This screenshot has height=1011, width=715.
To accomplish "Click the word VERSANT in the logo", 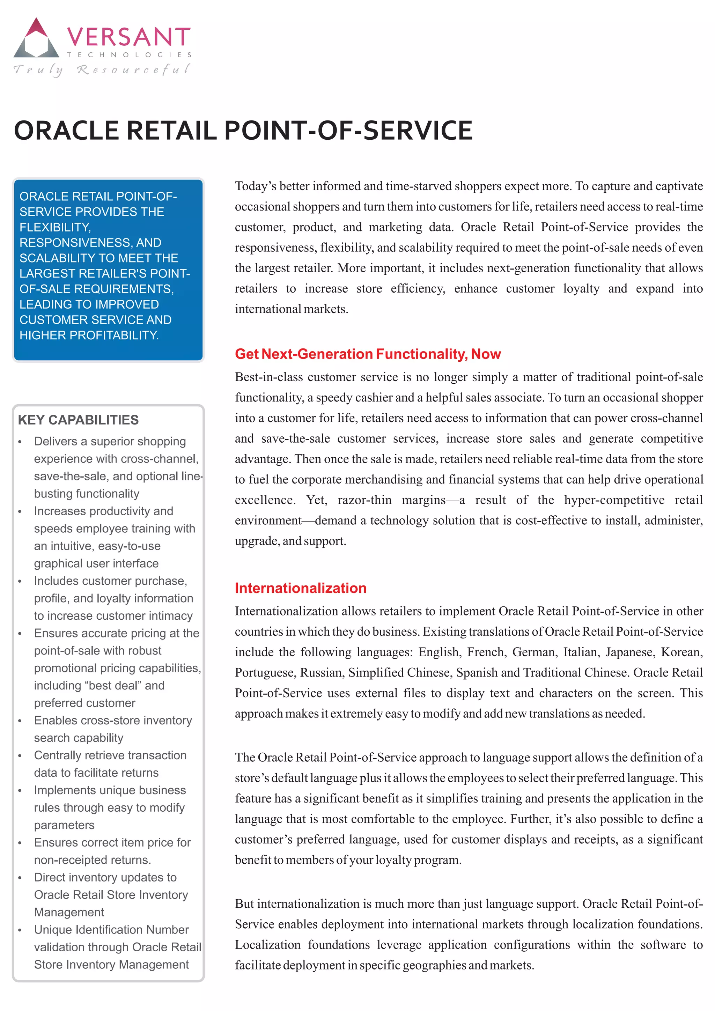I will [128, 37].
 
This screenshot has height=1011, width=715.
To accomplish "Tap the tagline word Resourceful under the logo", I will [133, 69].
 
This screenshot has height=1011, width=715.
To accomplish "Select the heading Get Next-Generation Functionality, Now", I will [368, 354].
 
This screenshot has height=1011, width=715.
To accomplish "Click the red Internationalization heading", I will [300, 588].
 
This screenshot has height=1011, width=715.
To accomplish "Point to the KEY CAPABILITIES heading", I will [78, 420].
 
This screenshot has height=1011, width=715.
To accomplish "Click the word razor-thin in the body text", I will [364, 500].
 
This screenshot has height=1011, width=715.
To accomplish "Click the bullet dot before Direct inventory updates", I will [20, 878].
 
